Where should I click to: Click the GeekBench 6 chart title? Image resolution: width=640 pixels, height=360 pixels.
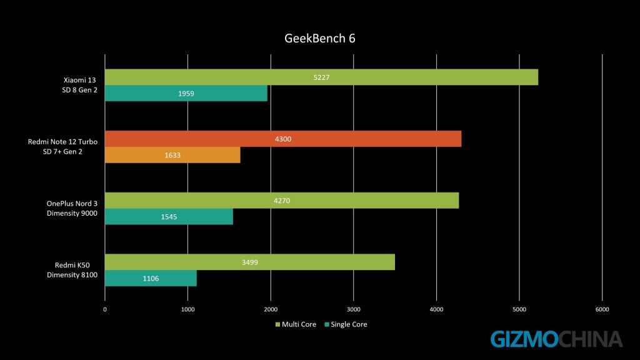(x=320, y=39)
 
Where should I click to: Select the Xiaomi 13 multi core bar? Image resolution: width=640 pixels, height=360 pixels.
(x=321, y=77)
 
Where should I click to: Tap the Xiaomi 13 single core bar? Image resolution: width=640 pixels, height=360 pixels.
(x=186, y=93)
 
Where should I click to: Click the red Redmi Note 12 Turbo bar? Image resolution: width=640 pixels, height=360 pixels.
(x=282, y=139)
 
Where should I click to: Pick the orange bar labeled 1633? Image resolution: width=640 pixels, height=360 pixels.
(x=172, y=154)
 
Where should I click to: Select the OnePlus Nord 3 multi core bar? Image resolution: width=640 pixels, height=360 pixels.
(x=281, y=201)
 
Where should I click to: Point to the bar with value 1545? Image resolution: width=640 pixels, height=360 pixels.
(x=169, y=216)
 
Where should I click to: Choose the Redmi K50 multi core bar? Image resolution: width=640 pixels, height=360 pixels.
(x=249, y=262)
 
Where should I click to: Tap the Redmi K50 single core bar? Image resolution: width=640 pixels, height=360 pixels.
(x=151, y=278)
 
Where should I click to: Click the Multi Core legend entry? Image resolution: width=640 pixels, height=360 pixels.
(x=296, y=324)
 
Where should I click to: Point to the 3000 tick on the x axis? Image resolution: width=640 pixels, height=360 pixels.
(x=354, y=309)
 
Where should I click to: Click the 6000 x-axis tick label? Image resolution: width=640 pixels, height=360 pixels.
(x=602, y=309)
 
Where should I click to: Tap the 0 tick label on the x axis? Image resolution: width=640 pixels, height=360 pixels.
(x=105, y=309)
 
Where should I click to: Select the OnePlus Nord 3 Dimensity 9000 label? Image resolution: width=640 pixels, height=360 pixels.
(x=72, y=208)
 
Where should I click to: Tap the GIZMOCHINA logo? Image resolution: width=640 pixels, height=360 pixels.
(x=556, y=339)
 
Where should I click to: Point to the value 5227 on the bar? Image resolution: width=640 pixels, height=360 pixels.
(x=321, y=77)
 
